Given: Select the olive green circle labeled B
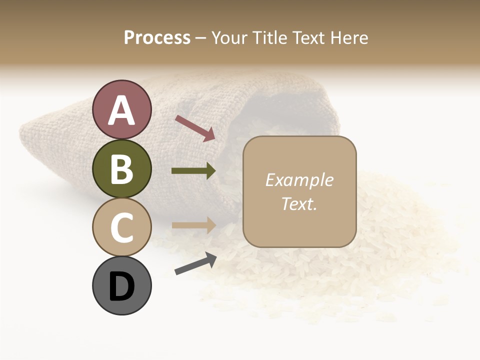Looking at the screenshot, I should click(121, 168).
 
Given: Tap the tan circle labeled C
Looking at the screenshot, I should click(121, 226).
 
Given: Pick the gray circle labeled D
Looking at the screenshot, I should click(121, 285).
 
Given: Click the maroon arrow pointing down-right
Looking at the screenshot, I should click(195, 128).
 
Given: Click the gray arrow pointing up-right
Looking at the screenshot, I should click(195, 263).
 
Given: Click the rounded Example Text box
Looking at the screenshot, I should click(299, 191).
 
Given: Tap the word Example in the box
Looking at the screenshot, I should click(299, 180).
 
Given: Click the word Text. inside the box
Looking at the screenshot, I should click(299, 204).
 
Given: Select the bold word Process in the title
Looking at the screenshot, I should click(157, 38).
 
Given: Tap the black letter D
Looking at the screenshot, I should click(121, 286).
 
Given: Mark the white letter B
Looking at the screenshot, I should click(121, 169).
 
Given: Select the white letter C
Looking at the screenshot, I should click(121, 227).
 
